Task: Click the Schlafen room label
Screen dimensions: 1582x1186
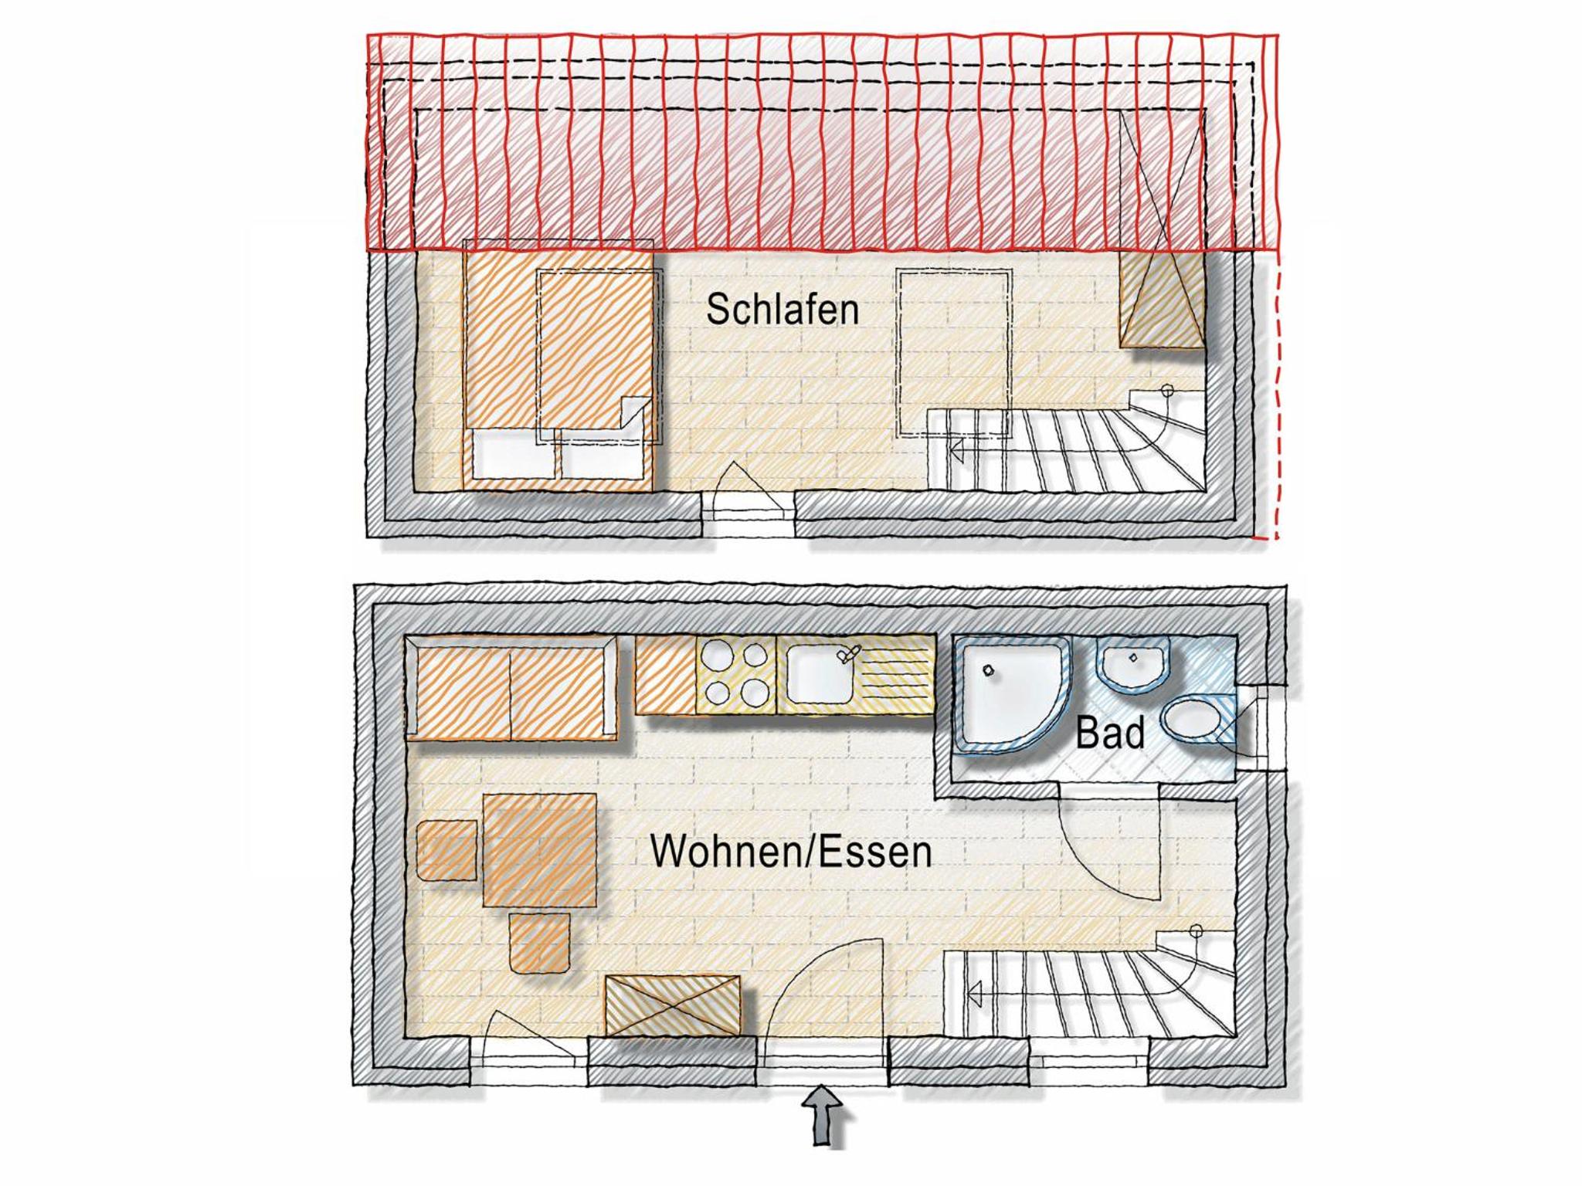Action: tap(783, 310)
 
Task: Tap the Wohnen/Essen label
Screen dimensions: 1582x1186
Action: tap(791, 852)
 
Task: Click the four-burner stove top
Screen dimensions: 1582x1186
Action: tap(736, 674)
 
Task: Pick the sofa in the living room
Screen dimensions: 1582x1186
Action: tap(511, 688)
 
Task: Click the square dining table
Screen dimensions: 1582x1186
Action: tap(540, 850)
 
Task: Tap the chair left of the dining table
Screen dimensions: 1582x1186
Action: tap(446, 850)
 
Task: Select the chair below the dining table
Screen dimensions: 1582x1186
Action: tap(540, 943)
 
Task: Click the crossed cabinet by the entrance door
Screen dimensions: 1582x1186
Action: tap(673, 1005)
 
